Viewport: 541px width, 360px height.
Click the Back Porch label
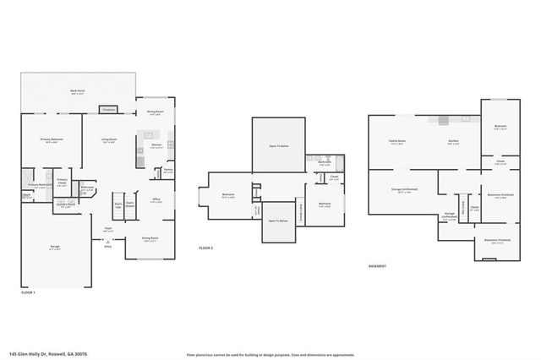click(77, 92)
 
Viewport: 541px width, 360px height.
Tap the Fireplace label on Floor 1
click(108, 110)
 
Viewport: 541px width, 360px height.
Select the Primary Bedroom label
click(52, 140)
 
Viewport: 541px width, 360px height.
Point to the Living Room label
click(109, 140)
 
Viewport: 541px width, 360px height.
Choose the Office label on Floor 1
click(156, 199)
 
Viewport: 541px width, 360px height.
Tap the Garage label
click(54, 246)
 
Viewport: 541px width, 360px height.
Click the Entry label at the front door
click(107, 246)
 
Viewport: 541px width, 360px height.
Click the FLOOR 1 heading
click(29, 292)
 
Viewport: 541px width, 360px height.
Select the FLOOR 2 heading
click(206, 248)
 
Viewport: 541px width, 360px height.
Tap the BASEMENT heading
click(378, 266)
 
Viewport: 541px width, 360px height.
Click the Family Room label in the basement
click(397, 141)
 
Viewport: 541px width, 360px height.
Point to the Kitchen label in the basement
click(452, 141)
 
